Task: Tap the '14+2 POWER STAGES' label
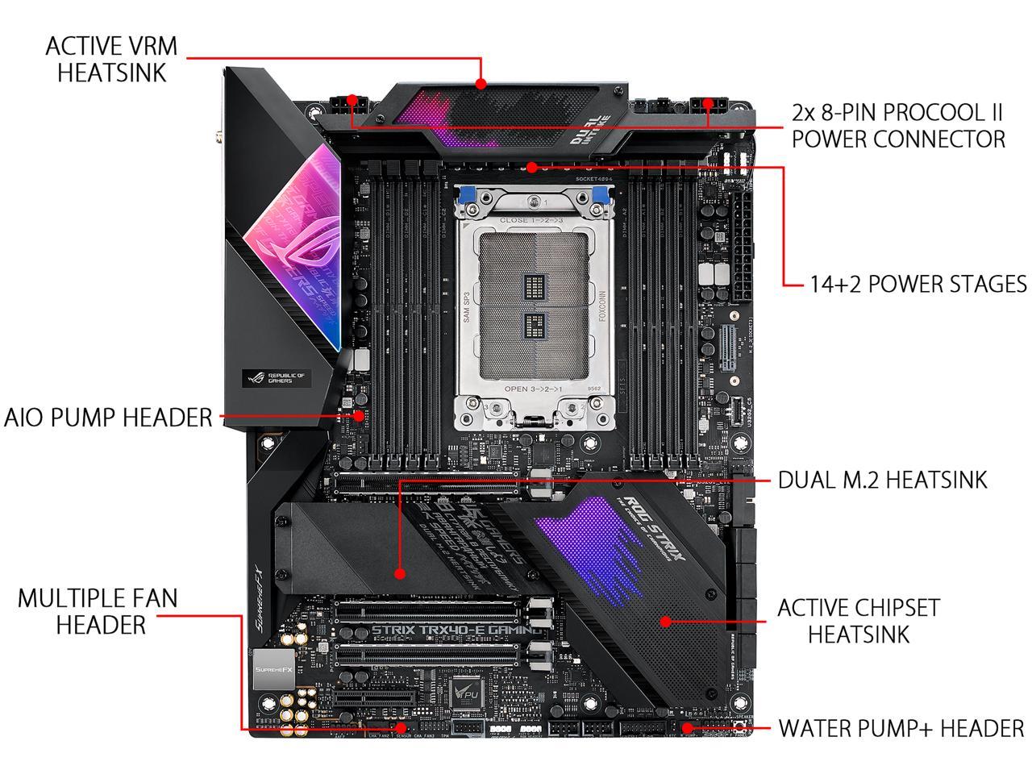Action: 918,285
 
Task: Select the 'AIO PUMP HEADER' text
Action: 108,418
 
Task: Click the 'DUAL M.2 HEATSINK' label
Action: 882,481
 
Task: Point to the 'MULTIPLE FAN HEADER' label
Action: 98,610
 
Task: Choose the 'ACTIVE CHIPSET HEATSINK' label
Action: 858,620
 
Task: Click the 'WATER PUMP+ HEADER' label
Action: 901,729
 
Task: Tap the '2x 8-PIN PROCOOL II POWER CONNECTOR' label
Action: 898,124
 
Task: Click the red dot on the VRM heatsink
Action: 481,83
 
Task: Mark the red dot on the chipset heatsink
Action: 666,621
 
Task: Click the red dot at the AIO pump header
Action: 360,417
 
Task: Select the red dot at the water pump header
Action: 687,728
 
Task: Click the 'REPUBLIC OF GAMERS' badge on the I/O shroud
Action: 277,377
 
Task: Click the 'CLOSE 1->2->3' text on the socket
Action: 530,219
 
